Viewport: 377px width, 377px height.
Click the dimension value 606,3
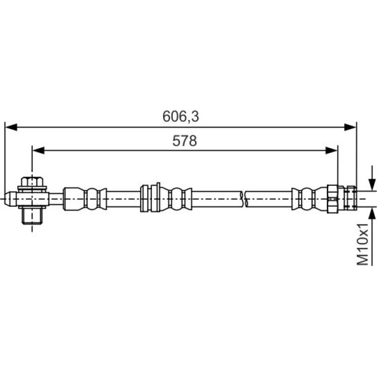(x=180, y=116)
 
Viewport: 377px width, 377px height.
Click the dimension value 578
(x=184, y=141)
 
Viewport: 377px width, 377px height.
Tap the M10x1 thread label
(x=362, y=245)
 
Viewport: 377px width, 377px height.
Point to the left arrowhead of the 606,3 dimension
(x=11, y=127)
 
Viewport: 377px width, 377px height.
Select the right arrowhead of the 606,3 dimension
(x=350, y=127)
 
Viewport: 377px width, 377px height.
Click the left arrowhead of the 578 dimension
(x=38, y=150)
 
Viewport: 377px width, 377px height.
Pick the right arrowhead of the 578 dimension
(x=332, y=150)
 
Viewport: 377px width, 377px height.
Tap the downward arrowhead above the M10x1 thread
(x=372, y=184)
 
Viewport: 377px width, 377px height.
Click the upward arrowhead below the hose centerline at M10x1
(x=372, y=213)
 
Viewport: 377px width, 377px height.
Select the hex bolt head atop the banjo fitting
(x=32, y=181)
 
